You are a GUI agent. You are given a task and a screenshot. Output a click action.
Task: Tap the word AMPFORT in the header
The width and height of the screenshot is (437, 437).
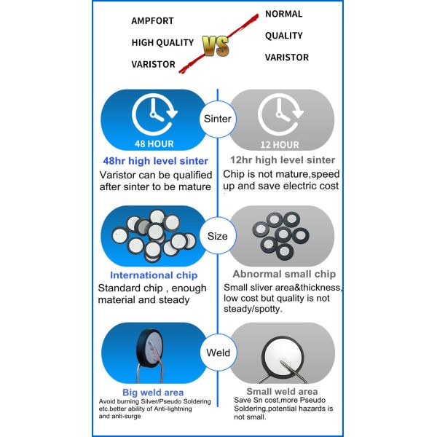coord(152,21)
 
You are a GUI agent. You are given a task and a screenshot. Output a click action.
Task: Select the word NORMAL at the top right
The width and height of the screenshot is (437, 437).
coord(283,14)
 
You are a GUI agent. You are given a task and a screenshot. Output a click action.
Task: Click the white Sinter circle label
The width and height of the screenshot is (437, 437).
coord(218,119)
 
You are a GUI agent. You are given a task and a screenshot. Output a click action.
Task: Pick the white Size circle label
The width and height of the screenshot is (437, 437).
coord(218,236)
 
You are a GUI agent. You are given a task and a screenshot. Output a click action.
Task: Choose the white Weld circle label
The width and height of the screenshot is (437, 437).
coord(218,353)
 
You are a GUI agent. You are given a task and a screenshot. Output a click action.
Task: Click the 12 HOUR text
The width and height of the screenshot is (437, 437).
coord(280,144)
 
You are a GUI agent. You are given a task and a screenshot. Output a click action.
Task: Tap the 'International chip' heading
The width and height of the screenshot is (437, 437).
coord(153,275)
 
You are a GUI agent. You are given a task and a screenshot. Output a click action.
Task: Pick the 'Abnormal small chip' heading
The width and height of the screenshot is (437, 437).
coord(284,275)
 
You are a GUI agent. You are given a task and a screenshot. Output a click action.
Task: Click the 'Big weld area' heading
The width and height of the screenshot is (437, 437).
coord(153,393)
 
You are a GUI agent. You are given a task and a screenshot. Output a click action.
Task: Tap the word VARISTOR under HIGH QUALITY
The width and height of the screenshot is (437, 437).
coord(153,64)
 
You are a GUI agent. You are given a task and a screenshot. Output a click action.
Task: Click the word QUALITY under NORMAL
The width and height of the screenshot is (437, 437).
coord(283,36)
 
